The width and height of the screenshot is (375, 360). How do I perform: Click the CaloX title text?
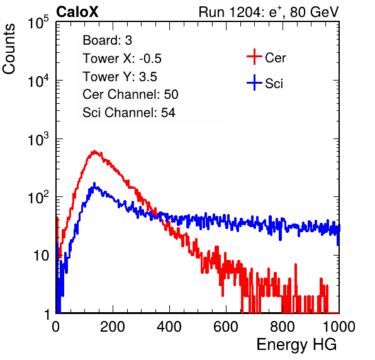coord(77,12)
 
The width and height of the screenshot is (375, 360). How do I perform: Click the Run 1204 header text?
coord(269,12)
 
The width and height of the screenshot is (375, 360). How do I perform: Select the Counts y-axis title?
coord(9,49)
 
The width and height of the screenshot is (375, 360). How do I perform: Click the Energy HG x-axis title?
coord(296,345)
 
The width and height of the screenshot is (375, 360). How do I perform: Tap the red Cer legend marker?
coord(254,57)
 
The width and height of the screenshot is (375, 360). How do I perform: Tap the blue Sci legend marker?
coord(254,82)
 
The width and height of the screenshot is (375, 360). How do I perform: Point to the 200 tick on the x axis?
coord(113,327)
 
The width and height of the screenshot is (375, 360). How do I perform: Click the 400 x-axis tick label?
coord(169,327)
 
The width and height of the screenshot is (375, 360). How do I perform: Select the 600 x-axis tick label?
coord(226,327)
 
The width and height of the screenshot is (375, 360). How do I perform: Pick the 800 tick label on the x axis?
coord(283,327)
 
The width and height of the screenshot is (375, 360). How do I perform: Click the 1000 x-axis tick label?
coord(339,327)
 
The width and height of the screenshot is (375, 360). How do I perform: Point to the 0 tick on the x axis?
coord(56,327)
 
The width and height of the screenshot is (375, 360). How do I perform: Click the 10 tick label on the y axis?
coord(42,256)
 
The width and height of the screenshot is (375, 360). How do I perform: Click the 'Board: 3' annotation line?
coord(107,40)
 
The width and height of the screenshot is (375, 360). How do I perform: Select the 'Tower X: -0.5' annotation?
coord(122,59)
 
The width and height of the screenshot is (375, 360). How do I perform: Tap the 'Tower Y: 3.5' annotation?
coord(120,77)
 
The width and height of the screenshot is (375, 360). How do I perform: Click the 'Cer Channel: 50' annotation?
coord(130,94)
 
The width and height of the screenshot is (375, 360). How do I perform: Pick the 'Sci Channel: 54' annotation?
coord(129,113)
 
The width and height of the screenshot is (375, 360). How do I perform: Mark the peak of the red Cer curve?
coord(94,151)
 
